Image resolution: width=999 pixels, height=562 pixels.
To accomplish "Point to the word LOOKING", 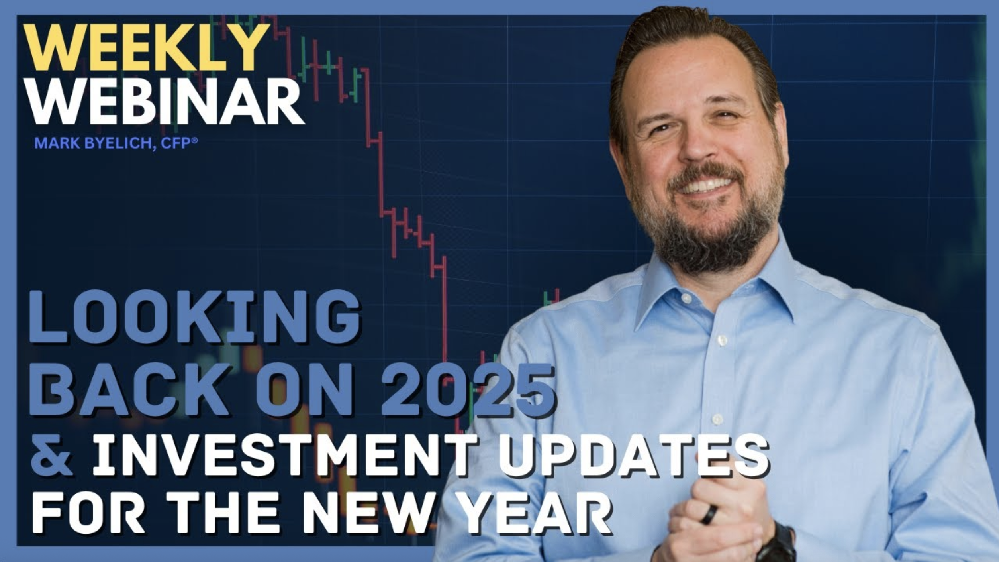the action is point(194,318).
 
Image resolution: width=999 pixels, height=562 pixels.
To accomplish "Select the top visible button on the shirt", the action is point(686,298).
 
